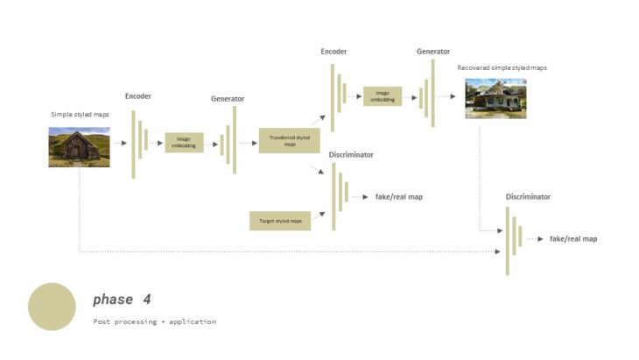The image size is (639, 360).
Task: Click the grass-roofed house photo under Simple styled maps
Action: click(x=79, y=146)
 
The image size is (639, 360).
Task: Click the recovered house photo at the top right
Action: click(x=495, y=99)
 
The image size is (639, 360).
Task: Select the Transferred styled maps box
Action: click(x=289, y=140)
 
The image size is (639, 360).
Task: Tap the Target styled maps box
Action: click(x=280, y=221)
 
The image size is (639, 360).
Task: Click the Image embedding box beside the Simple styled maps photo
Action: click(x=184, y=142)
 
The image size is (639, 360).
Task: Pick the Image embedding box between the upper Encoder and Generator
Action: click(x=383, y=96)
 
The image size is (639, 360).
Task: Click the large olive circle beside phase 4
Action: click(x=52, y=307)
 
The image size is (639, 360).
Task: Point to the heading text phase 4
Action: click(x=122, y=300)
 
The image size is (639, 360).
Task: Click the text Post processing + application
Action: click(x=154, y=321)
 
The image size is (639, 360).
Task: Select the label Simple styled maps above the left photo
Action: click(x=80, y=115)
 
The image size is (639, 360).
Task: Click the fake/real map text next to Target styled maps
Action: click(x=398, y=197)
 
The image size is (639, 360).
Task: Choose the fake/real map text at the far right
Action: click(x=573, y=238)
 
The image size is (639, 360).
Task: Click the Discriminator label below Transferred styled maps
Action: click(x=351, y=155)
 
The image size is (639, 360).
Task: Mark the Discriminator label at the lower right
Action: click(x=528, y=197)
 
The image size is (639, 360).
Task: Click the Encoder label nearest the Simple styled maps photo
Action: click(x=138, y=95)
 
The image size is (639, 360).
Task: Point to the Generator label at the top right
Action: click(x=433, y=52)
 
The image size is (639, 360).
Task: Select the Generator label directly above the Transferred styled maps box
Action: click(x=228, y=99)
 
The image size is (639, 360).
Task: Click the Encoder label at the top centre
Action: click(x=334, y=52)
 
